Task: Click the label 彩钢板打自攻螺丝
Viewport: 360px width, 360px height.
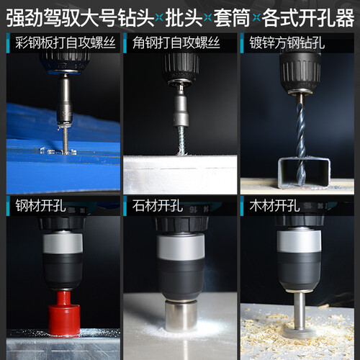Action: point(66,42)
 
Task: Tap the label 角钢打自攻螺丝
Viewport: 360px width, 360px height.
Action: point(176,42)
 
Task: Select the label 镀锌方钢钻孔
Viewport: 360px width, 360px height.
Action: point(287,42)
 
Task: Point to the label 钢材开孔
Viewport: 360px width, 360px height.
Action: point(40,206)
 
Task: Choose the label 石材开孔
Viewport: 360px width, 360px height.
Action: point(158,206)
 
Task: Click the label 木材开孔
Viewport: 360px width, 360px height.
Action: point(274,206)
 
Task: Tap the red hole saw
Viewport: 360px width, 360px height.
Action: point(63,312)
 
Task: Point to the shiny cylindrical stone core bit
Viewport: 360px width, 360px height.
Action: point(181,315)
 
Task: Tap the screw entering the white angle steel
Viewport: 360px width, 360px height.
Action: point(182,140)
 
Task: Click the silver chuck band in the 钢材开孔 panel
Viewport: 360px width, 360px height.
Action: point(63,243)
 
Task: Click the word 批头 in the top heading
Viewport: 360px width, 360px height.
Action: point(184,18)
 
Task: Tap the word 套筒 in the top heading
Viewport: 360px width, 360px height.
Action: point(232,18)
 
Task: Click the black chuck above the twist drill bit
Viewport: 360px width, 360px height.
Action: point(300,72)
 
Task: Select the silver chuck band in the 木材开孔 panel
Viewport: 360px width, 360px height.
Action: point(299,241)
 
